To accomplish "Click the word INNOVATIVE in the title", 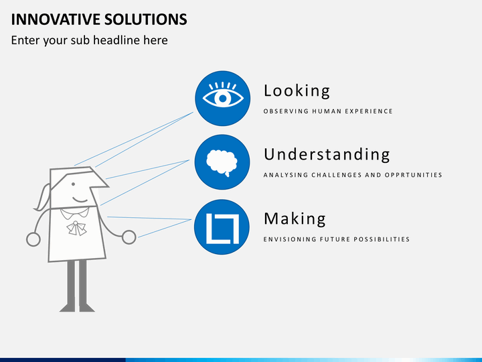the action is click(x=56, y=19).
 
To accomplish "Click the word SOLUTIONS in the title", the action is click(x=145, y=19).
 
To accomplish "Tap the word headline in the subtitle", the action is click(x=116, y=40).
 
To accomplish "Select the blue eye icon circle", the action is click(x=222, y=98).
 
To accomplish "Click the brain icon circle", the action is click(x=222, y=162).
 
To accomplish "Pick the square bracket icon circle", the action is click(x=222, y=227).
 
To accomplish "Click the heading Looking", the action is click(x=297, y=91).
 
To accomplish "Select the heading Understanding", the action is click(x=327, y=155).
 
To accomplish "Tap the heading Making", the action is click(x=295, y=219).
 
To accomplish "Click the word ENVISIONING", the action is click(x=290, y=239).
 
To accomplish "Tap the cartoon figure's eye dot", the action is click(x=73, y=184).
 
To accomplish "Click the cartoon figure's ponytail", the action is click(x=42, y=198).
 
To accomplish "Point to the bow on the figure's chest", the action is click(x=76, y=228).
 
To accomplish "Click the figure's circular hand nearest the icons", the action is click(x=129, y=237).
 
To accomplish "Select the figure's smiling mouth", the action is click(x=80, y=200).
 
